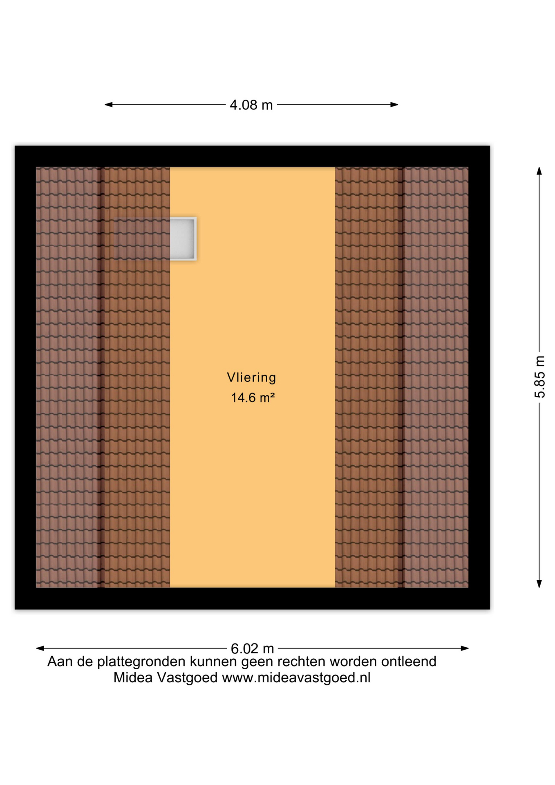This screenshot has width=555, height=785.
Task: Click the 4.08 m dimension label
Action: tap(251, 105)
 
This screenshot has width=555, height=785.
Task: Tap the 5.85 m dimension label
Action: tap(540, 377)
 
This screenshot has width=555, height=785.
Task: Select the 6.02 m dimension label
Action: tap(252, 648)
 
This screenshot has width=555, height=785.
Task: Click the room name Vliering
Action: tap(251, 377)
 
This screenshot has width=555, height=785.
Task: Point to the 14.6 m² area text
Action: tap(253, 397)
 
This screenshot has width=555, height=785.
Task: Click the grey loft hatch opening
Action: tap(183, 239)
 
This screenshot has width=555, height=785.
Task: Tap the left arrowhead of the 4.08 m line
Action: tap(109, 105)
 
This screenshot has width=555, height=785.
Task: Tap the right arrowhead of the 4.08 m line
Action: tap(394, 105)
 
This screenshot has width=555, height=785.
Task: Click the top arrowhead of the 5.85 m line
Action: tap(539, 171)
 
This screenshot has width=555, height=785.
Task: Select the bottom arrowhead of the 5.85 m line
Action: tap(539, 584)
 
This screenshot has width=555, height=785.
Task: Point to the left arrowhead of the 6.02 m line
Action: tap(40, 648)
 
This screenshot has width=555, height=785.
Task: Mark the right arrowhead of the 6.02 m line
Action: tap(465, 648)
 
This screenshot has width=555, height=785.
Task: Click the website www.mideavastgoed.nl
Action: tap(296, 678)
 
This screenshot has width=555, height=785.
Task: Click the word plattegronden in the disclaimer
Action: tap(141, 662)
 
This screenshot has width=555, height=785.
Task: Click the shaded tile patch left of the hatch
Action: tap(141, 239)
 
